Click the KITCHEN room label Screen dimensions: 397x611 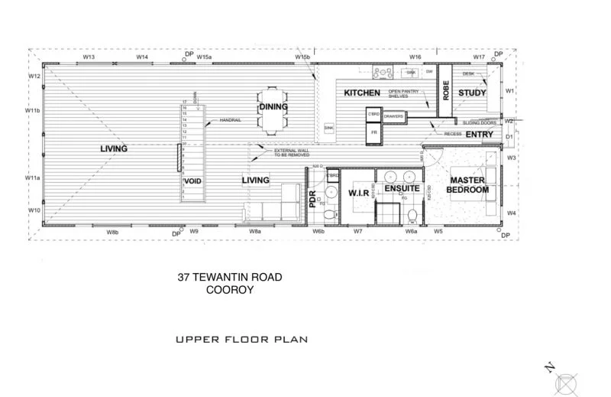[362, 93]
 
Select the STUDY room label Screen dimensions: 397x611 [472, 93]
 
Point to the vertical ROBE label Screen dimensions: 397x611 [445, 91]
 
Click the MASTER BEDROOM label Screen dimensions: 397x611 [467, 184]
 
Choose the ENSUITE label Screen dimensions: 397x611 [402, 187]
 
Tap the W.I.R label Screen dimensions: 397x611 [359, 193]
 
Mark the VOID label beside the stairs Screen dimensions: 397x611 [192, 181]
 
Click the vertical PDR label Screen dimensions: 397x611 [313, 199]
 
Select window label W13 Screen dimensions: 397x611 [89, 57]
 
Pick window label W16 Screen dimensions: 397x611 [415, 57]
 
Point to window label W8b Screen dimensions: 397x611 [112, 231]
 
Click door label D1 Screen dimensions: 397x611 [509, 138]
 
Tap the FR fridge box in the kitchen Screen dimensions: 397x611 [374, 132]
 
